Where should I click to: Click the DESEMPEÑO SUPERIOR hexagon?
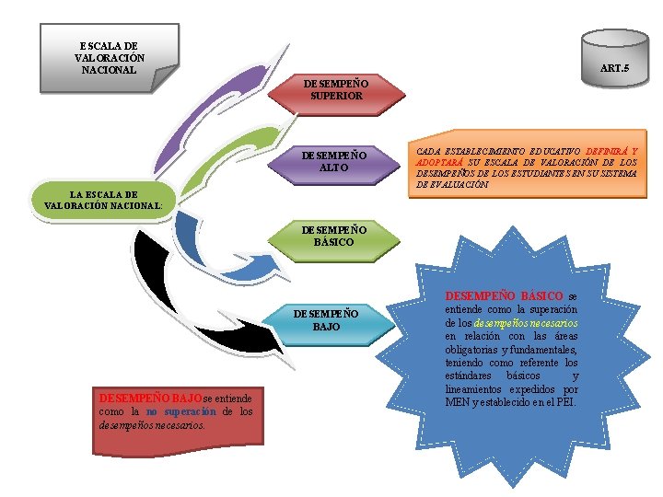pyautogui.click(x=336, y=89)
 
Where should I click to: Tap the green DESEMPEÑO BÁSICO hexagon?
pyautogui.click(x=336, y=236)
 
